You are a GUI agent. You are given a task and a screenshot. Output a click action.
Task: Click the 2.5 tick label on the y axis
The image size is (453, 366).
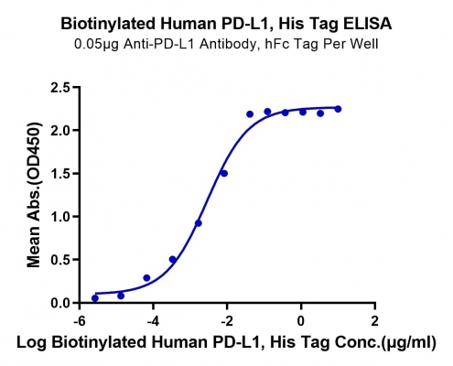coord(60,88)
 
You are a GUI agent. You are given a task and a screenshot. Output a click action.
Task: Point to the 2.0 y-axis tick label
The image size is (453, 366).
coord(60,131)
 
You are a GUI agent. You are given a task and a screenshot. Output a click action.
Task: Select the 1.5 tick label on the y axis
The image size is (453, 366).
coord(60,174)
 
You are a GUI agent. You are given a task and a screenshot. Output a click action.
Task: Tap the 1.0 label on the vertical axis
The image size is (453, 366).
coord(60,217)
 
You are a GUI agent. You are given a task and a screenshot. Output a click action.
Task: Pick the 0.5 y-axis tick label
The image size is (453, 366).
coord(60,260)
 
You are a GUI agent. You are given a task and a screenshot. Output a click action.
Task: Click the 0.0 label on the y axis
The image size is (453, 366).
coord(60,303)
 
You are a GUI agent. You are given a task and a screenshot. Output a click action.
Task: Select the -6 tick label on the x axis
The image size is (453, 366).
coord(80,321)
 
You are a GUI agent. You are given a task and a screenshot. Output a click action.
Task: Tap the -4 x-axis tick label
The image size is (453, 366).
coord(153,321)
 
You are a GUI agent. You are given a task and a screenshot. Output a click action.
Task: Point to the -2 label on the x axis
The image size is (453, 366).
coord(227,321)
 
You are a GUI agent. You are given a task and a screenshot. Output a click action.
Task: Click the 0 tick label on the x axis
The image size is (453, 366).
coord(301,321)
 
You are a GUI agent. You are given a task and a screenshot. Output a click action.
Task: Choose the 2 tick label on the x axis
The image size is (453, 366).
coord(375,321)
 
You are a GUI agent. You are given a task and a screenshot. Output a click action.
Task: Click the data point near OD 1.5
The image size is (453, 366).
coord(224,174)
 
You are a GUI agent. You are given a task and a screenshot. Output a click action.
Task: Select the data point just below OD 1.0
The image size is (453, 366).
coord(199,223)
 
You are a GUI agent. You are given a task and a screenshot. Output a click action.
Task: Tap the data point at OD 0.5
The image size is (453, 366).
coord(173,260)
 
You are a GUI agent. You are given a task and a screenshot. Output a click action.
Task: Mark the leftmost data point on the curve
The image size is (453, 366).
coord(95,298)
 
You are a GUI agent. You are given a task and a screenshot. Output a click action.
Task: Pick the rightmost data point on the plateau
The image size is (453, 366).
coord(338,109)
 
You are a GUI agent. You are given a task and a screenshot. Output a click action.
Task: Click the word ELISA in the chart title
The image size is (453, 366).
coord(367,24)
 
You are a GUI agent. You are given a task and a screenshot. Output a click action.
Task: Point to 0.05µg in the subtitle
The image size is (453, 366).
coord(96,45)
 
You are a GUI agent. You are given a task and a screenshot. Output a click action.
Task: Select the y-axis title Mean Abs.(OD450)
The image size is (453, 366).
coord(34,195)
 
